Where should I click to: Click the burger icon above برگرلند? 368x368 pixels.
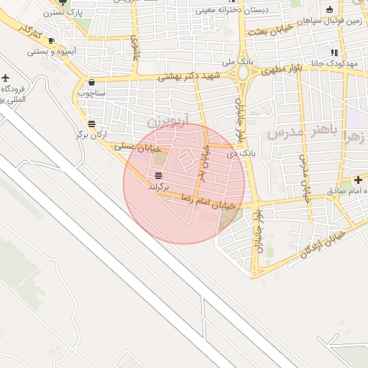click(x=158, y=175)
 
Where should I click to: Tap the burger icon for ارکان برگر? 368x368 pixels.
click(x=91, y=124)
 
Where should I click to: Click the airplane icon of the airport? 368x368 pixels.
click(x=6, y=77)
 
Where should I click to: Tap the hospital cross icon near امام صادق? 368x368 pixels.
click(x=358, y=179)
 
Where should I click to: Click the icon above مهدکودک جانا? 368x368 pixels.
click(x=333, y=52)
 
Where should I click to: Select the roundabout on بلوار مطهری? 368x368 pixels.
click(x=244, y=73)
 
